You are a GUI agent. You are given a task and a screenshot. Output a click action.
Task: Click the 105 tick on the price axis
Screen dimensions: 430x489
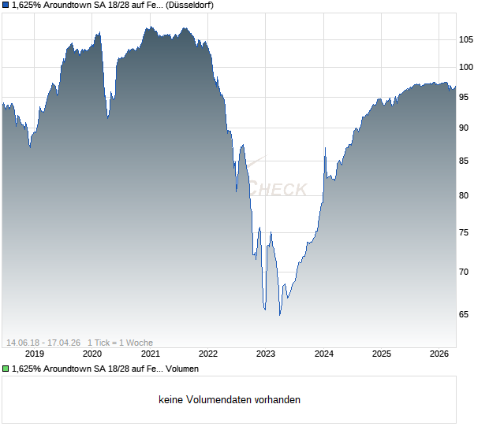pyautogui.click(x=466, y=39)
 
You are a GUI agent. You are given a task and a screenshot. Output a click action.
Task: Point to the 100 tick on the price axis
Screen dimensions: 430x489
pyautogui.click(x=466, y=68)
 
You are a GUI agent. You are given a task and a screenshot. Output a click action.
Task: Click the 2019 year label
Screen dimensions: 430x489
pyautogui.click(x=35, y=354)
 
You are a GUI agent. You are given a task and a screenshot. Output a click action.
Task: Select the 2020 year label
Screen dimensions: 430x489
pyautogui.click(x=93, y=354)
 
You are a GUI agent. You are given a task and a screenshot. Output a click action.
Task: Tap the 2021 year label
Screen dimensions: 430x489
pyautogui.click(x=151, y=354)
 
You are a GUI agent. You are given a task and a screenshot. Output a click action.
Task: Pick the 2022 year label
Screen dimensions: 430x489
pyautogui.click(x=208, y=354)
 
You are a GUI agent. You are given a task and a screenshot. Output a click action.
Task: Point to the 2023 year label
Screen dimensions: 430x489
pyautogui.click(x=266, y=354)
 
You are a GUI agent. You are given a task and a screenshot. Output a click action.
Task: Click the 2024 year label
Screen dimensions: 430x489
pyautogui.click(x=324, y=354)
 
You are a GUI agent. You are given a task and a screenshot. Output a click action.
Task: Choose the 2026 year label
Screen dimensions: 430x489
pyautogui.click(x=439, y=354)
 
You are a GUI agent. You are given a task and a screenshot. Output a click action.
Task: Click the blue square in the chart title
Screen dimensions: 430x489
pyautogui.click(x=6, y=6)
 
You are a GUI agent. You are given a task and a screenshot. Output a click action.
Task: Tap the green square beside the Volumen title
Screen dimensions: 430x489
pyautogui.click(x=6, y=369)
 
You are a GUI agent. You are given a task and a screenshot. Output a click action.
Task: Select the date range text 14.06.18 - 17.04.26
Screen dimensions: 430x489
pyautogui.click(x=44, y=342)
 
